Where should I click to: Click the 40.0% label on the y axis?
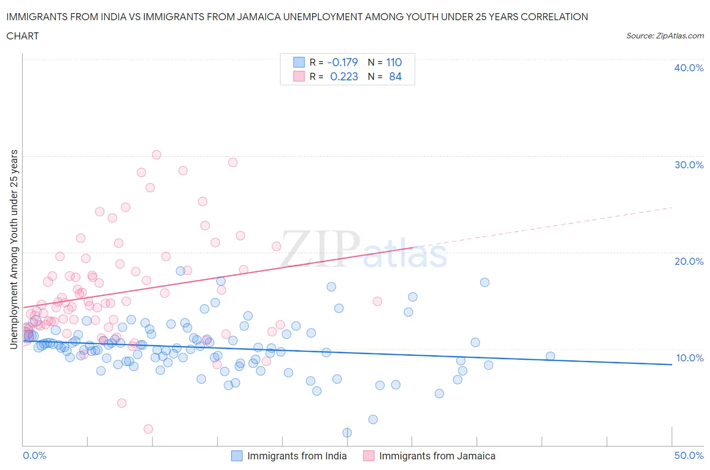[x=688, y=68]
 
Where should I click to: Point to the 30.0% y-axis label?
[x=688, y=165]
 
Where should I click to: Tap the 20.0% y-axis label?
[x=688, y=261]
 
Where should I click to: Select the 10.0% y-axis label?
[x=689, y=358]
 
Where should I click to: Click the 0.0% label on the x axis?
[x=34, y=455]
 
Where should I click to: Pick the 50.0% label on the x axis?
[x=688, y=455]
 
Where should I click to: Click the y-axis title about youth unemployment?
[x=14, y=249]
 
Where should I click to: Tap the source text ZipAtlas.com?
[x=665, y=35]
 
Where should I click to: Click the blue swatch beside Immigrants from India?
[x=237, y=456]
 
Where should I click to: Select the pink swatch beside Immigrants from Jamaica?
[x=369, y=456]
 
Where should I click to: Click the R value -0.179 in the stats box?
[x=342, y=62]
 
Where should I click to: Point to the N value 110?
[x=394, y=62]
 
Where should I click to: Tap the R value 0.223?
[x=344, y=76]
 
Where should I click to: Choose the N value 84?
[x=395, y=76]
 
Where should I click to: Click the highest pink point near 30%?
[x=157, y=155]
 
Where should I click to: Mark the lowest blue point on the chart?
[x=347, y=433]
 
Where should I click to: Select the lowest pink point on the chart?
[x=148, y=429]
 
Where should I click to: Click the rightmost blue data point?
[x=550, y=356]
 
